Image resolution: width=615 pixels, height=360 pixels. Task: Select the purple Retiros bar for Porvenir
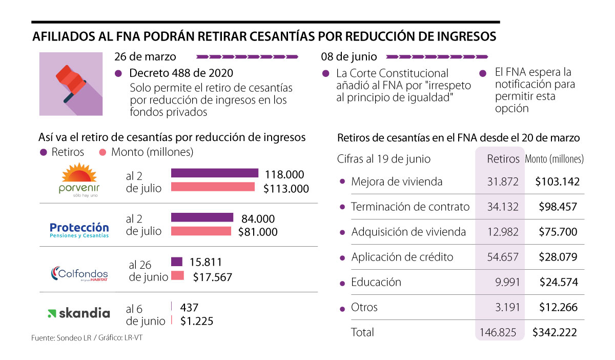pyautogui.click(x=214, y=173)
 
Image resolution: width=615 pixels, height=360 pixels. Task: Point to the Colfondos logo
pyautogui.click(x=79, y=273)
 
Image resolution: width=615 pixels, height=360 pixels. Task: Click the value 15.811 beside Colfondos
pyautogui.click(x=206, y=263)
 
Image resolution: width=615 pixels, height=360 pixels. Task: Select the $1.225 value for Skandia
pyautogui.click(x=197, y=322)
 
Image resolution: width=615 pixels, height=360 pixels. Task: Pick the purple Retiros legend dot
pyautogui.click(x=43, y=152)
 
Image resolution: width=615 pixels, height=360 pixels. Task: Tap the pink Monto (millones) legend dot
pyautogui.click(x=102, y=152)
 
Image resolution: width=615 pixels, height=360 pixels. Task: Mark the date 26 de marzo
pyautogui.click(x=146, y=56)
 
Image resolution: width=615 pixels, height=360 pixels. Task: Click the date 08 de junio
pyautogui.click(x=349, y=56)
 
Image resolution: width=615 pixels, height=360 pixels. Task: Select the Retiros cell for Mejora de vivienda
pyautogui.click(x=503, y=182)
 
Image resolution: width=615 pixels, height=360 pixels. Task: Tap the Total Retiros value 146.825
pyautogui.click(x=499, y=332)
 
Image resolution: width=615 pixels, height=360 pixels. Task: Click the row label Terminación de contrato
pyautogui.click(x=410, y=207)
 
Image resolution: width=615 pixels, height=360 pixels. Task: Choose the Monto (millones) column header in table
pyautogui.click(x=555, y=159)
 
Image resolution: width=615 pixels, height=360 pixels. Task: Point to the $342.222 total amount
pyautogui.click(x=555, y=332)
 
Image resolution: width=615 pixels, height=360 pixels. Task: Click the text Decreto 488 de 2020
pyautogui.click(x=181, y=73)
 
